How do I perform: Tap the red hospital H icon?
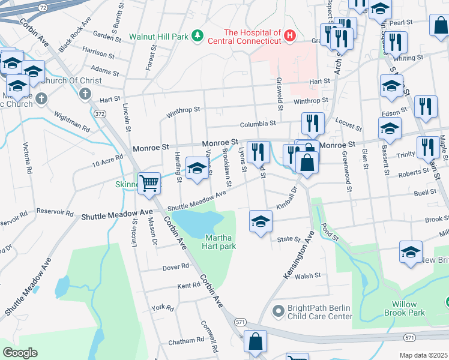(290, 37)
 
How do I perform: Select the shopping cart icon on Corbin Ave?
(149, 184)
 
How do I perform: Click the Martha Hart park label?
(220, 241)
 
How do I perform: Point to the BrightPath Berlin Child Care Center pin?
(278, 311)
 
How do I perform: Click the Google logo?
(20, 353)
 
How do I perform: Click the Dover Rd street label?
(176, 266)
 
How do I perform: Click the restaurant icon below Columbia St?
(312, 124)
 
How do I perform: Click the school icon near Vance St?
(196, 168)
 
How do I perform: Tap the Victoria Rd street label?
(28, 157)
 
